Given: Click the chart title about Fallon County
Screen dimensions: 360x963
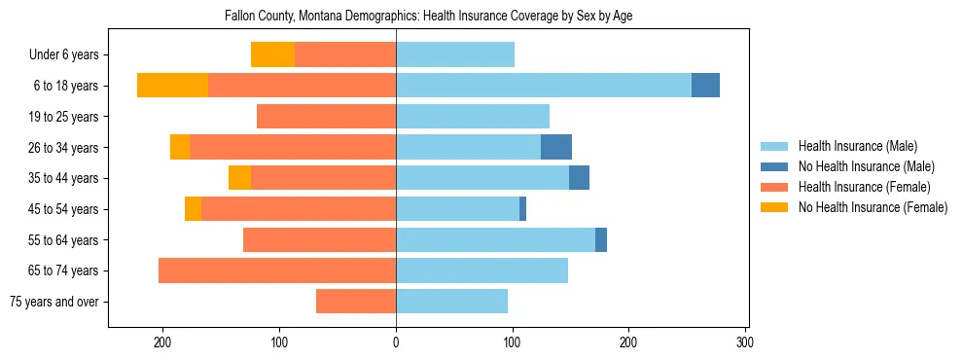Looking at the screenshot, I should point(428,17).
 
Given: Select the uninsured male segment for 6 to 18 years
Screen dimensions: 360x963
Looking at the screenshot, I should point(705,86).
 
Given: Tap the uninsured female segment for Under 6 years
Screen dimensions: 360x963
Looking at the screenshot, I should point(272,54).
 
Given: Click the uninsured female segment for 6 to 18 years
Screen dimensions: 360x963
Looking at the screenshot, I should point(172,86).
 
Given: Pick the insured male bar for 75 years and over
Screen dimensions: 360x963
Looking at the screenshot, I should point(451,302).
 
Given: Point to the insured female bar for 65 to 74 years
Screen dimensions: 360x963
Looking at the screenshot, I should point(277,270).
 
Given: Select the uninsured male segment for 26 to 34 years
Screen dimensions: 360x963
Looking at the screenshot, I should point(556,147).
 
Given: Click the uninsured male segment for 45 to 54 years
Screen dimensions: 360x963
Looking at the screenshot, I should point(522,209).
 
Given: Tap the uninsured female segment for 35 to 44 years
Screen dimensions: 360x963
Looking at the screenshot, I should point(239,178).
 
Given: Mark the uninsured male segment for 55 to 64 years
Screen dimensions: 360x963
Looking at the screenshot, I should point(601,239).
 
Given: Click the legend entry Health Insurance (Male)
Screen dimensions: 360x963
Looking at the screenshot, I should point(857,146).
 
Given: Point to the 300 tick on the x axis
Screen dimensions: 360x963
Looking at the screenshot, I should point(745,342).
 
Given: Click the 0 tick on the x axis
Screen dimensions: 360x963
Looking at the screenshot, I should point(396,342).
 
